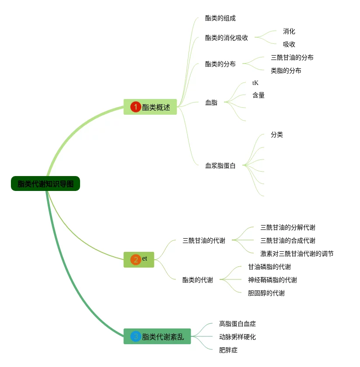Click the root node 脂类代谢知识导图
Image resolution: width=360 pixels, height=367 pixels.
coord(45,184)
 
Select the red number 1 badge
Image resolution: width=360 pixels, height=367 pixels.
coord(136,107)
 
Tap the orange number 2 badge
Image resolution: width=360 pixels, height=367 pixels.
coord(136,260)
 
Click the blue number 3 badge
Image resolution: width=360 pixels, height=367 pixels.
coord(136,336)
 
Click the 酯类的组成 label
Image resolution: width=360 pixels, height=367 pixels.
coord(220,18)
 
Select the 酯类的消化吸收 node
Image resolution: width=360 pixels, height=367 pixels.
coord(227,38)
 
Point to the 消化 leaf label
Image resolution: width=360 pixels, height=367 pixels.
coord(289,32)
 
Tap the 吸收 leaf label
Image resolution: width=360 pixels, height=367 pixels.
coord(289,44)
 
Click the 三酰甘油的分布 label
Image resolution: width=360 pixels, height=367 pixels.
coord(292,57)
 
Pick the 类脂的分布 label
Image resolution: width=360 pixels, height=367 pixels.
coord(286,71)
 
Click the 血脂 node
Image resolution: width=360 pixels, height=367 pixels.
coord(211,103)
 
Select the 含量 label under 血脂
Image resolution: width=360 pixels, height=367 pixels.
coord(259,95)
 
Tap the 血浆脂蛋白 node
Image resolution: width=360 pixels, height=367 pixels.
coord(220,166)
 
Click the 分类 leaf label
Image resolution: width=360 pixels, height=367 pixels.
coord(277,135)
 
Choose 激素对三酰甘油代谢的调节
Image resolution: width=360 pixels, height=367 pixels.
coord(297,254)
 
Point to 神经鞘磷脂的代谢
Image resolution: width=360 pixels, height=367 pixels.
coord(273,280)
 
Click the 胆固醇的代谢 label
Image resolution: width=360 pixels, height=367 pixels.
coord(266,293)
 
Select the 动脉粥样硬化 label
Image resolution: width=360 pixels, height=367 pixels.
coord(238,337)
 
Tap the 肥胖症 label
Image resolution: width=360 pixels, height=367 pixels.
coord(228,350)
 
